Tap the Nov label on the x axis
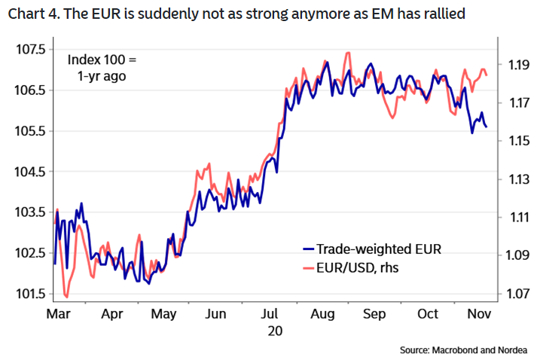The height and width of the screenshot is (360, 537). tap(479, 313)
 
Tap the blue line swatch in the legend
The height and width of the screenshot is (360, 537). tap(307, 249)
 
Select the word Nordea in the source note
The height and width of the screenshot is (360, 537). tap(513, 349)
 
